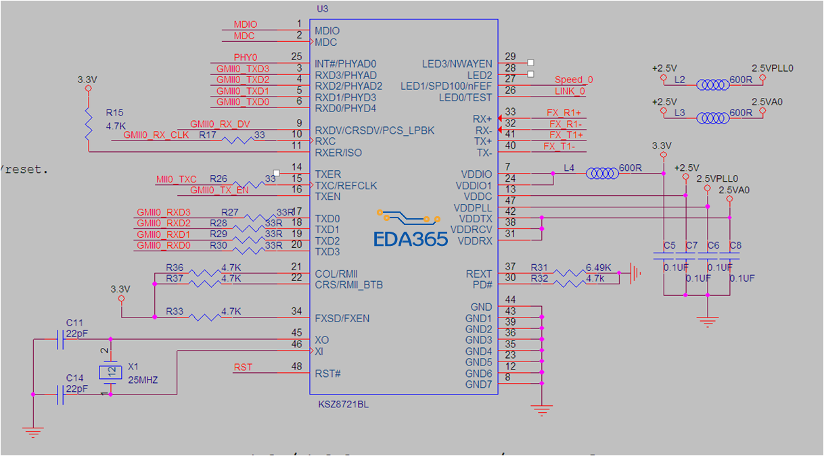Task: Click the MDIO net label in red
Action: click(x=245, y=24)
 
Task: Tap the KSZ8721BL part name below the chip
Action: click(x=344, y=405)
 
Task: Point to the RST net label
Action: click(x=243, y=368)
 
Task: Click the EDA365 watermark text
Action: click(x=411, y=238)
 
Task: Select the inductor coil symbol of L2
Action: click(x=713, y=84)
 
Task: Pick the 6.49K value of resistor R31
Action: click(x=598, y=268)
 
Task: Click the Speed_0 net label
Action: click(x=574, y=80)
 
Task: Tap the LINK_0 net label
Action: click(x=570, y=91)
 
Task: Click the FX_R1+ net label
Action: click(x=565, y=113)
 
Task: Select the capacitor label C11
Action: click(x=74, y=323)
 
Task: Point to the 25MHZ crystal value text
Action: click(x=143, y=380)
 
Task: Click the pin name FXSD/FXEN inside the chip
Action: click(x=342, y=318)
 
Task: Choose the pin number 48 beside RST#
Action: click(x=296, y=367)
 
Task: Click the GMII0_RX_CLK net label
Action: click(x=156, y=135)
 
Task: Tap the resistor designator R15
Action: click(x=114, y=112)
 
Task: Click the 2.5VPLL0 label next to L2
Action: click(x=772, y=68)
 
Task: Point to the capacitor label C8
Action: click(x=735, y=245)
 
